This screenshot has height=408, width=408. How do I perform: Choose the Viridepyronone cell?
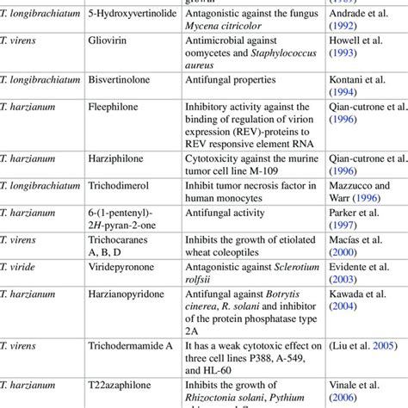tap(128, 269)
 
